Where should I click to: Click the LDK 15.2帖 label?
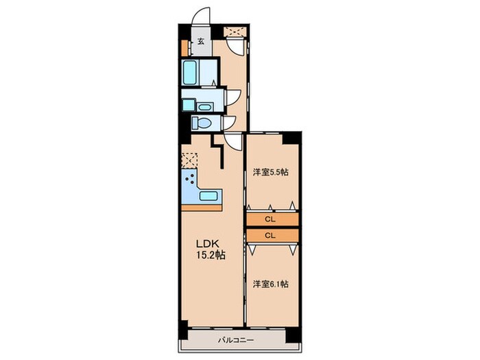(x=211, y=249)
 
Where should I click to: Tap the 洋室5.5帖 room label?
(x=271, y=172)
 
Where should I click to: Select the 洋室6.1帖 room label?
(x=271, y=284)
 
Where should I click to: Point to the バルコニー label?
(x=236, y=340)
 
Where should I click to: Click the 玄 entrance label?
(x=201, y=41)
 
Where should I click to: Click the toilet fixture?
(x=202, y=123)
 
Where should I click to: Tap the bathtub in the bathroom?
(x=189, y=72)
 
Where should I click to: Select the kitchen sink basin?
(x=208, y=195)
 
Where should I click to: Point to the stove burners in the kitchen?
(x=190, y=178)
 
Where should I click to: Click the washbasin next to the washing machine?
(x=204, y=107)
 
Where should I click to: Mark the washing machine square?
(x=189, y=105)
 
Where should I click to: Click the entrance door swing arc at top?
(x=199, y=14)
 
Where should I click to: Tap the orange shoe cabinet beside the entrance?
(x=184, y=48)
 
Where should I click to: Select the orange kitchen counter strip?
(x=202, y=208)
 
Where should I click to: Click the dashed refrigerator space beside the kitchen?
(x=190, y=160)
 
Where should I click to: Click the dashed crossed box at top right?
(x=235, y=32)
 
